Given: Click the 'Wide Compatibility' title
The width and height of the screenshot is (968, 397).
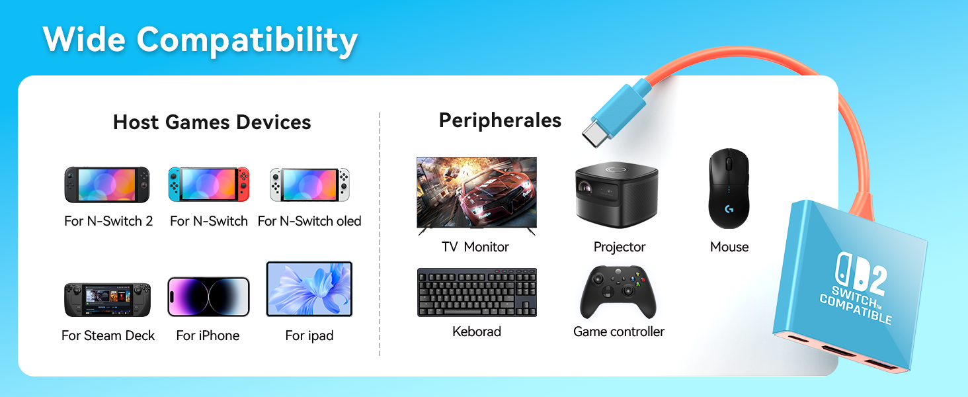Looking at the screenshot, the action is [200, 40].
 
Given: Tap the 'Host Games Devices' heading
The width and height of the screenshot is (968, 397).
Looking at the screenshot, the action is [212, 122].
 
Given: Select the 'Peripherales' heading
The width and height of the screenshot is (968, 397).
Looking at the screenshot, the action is [500, 120].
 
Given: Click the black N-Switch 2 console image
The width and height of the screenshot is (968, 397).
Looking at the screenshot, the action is [107, 185].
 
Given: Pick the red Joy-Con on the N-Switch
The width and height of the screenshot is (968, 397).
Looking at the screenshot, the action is [243, 184].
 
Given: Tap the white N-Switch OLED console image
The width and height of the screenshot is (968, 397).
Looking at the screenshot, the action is [309, 185].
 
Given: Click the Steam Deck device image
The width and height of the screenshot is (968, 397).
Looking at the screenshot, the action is [108, 300].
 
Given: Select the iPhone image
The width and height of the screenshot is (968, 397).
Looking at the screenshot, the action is [208, 296].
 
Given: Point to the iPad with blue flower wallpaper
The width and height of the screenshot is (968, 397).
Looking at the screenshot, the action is [309, 289].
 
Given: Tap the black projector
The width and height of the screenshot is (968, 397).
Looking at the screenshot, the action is [617, 195].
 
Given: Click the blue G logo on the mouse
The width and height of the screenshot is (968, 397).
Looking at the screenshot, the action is [729, 209].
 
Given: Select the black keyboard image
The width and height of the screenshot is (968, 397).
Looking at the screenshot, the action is [477, 292].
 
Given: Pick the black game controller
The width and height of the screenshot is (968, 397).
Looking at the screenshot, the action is [618, 292].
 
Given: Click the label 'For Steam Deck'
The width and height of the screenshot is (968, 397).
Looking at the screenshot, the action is [108, 335].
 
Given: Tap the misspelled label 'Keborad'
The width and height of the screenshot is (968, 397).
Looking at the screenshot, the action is [477, 331].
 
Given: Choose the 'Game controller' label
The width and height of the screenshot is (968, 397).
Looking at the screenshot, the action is [619, 331].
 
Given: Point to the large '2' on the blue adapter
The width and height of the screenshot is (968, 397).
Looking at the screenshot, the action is [875, 281].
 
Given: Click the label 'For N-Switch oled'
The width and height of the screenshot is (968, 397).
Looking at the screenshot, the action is [309, 221].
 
